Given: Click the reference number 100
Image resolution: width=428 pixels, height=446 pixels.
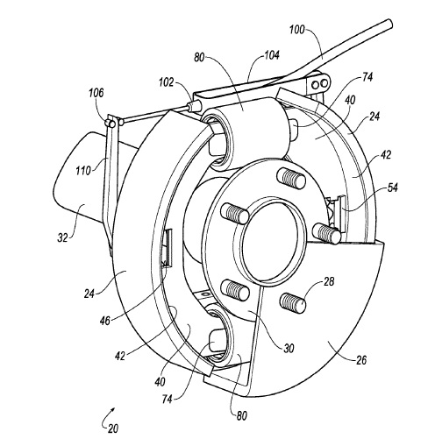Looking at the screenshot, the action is (296, 30).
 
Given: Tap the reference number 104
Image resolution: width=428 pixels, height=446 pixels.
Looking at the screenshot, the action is (272, 55).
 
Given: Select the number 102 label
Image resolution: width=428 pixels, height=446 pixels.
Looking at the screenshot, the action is (166, 82).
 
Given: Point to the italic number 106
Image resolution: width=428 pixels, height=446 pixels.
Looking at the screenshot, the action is (96, 93).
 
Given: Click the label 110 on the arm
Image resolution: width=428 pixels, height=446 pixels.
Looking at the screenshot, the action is (83, 170).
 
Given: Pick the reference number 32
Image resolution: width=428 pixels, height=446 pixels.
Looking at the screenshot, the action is (62, 237).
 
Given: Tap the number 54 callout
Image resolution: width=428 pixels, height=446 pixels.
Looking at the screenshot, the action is (392, 188).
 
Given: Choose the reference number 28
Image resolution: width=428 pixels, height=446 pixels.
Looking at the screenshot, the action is (329, 281).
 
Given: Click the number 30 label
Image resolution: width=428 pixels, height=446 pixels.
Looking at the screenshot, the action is (289, 348).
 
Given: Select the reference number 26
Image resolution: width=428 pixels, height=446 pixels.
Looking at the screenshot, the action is (361, 360).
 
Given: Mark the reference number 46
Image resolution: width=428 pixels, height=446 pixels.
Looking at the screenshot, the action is (104, 321).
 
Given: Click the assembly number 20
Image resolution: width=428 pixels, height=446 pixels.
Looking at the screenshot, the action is (113, 428).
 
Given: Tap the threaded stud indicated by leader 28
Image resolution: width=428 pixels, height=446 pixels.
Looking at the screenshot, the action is (293, 302).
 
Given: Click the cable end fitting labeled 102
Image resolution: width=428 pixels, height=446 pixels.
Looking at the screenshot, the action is (194, 105).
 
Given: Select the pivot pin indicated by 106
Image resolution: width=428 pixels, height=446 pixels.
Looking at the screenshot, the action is (111, 123).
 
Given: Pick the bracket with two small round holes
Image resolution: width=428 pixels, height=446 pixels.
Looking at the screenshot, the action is (317, 84).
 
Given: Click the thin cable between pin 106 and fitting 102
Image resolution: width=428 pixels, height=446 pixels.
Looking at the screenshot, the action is (155, 114).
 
